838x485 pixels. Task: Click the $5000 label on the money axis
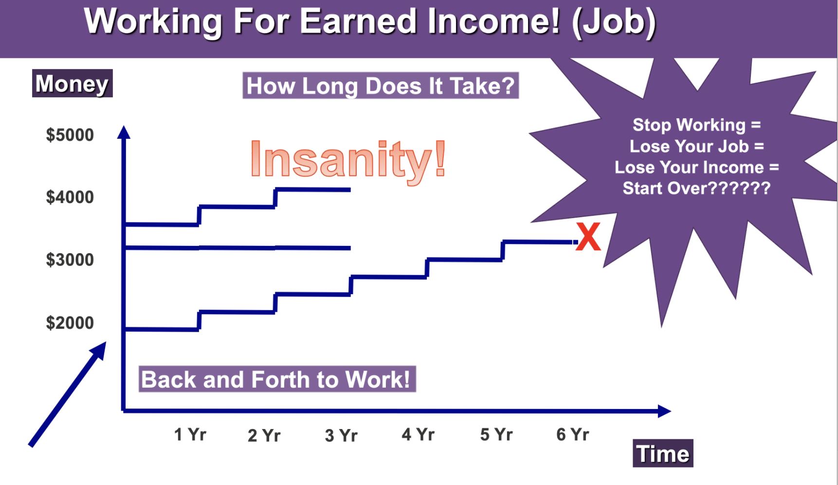[70, 135]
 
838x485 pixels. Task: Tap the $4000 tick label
[70, 197]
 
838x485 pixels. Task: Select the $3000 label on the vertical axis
[70, 260]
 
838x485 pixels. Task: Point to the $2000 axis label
[70, 323]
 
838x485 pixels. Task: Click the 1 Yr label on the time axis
[190, 434]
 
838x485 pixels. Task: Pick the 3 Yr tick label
[341, 435]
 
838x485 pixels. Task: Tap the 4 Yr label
[418, 434]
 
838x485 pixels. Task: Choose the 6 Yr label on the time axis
[573, 434]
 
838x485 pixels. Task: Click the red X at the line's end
[588, 237]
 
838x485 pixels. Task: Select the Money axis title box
[73, 83]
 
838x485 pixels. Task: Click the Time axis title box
[663, 453]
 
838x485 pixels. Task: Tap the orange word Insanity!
[348, 159]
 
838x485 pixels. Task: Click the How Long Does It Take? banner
[381, 86]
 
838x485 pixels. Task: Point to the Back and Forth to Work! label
[277, 379]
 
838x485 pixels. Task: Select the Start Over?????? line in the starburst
[697, 188]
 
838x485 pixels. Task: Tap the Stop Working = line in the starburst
[697, 125]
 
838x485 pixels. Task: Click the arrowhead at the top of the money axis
[124, 132]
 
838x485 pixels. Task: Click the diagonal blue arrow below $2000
[68, 394]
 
